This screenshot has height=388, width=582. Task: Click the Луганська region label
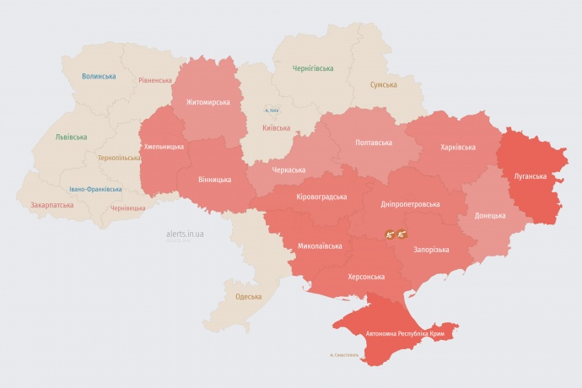pos(531,176)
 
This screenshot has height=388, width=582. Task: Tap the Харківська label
pos(458,147)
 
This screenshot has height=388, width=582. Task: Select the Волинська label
pos(99,76)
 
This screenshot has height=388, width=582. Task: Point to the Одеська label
pos(248,296)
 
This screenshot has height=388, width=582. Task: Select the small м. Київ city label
pos(272,110)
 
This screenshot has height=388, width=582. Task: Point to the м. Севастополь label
pos(344,354)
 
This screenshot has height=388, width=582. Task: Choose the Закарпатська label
pos(51,205)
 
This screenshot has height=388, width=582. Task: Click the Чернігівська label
pos(313,67)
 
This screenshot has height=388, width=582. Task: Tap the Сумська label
pos(384,84)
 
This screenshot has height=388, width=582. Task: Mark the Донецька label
pos(490,215)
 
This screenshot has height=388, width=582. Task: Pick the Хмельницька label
pos(164,146)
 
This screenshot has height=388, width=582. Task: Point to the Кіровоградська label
pos(321,197)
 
